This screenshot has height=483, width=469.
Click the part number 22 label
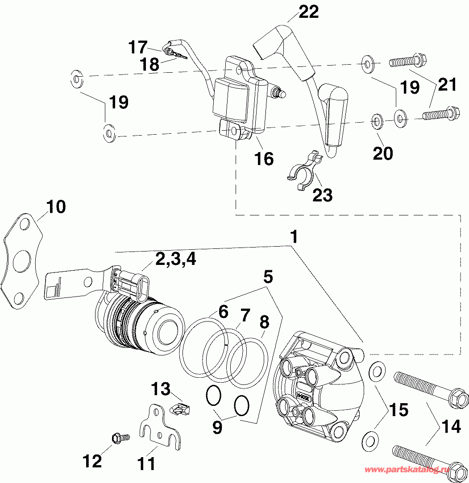click(x=309, y=12)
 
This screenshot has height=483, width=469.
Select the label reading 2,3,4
click(x=175, y=259)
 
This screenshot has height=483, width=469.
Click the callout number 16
click(x=264, y=158)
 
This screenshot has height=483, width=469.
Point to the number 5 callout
click(x=268, y=277)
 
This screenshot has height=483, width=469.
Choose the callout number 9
click(x=217, y=427)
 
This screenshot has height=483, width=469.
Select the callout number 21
click(x=447, y=84)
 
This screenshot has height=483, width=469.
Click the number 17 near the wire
click(x=138, y=47)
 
